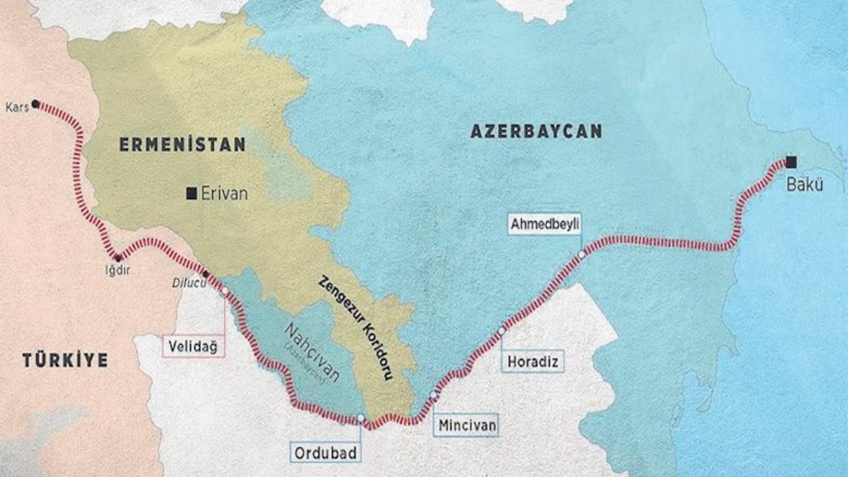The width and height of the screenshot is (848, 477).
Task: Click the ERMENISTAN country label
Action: click(182, 145)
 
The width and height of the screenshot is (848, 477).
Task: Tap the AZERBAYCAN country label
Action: click(534, 131)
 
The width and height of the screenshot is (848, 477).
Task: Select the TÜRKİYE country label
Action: click(65, 361)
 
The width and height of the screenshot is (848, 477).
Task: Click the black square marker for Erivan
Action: click(191, 193)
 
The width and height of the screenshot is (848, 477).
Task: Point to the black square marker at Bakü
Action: click(791, 161)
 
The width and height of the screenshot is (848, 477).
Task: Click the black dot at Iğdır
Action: click(117, 257)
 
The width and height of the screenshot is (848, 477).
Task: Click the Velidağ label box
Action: click(191, 346)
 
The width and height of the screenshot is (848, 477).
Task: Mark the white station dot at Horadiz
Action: click(502, 330)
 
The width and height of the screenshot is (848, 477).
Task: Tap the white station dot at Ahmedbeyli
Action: click(581, 254)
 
